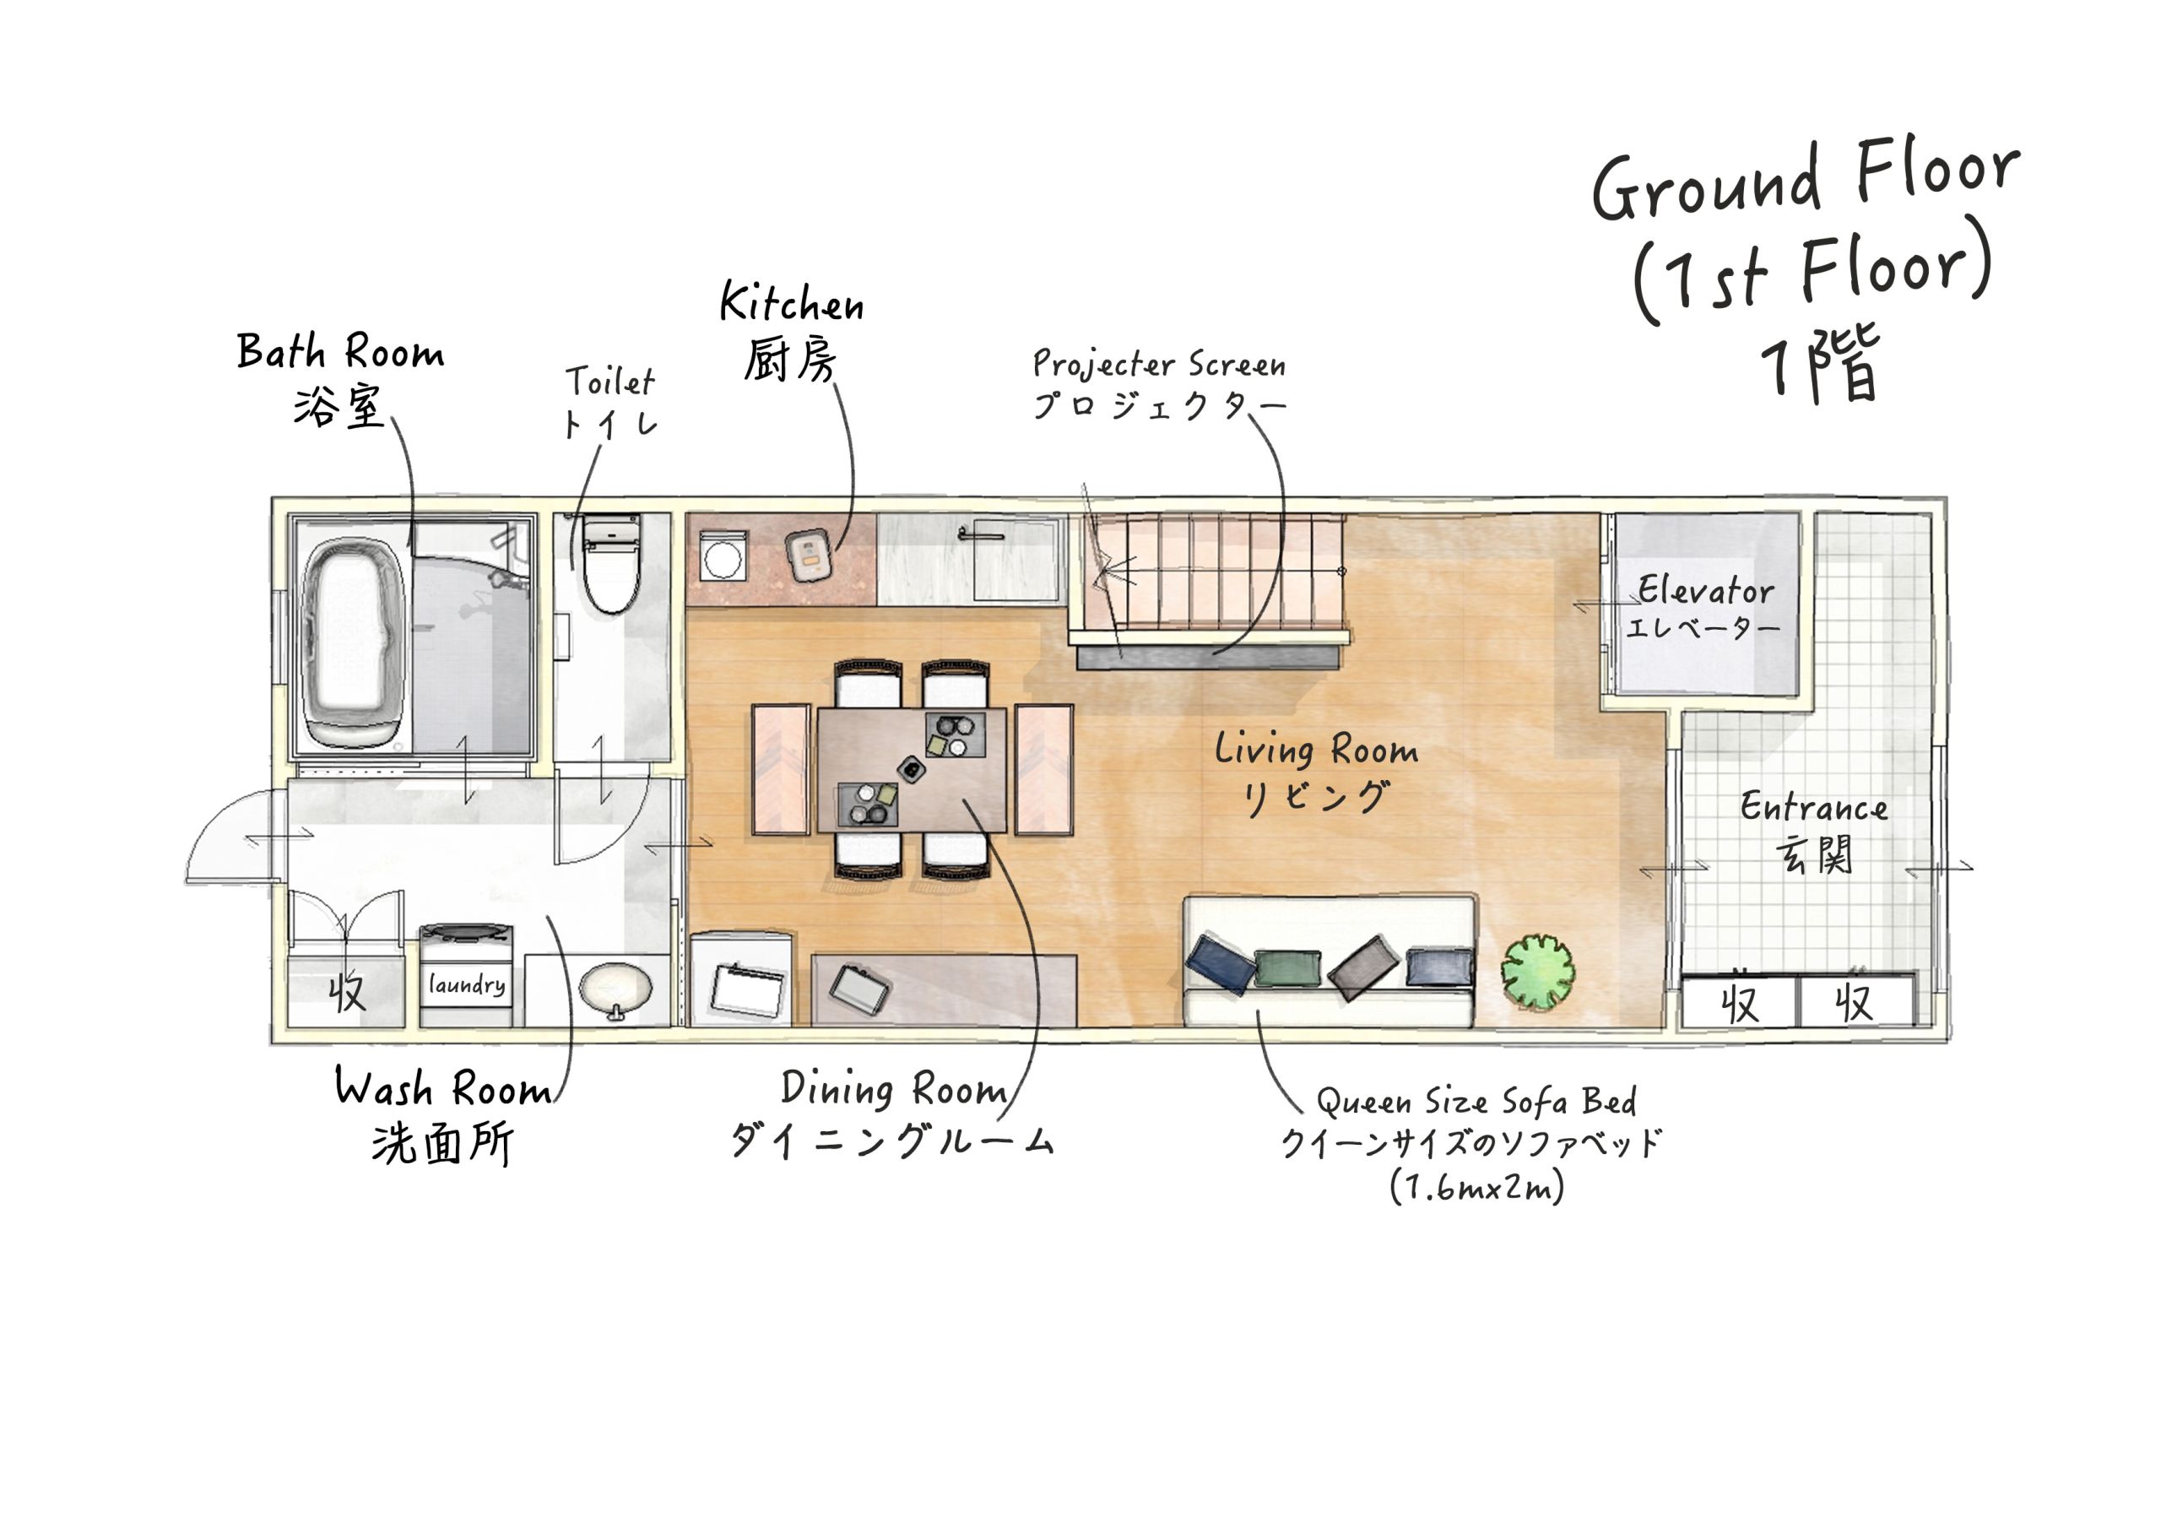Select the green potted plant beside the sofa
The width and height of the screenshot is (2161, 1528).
(x=1537, y=973)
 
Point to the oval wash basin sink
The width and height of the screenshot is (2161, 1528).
(x=615, y=989)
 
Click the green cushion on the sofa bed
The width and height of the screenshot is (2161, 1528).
(x=1287, y=967)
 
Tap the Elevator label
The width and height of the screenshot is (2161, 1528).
(x=1704, y=591)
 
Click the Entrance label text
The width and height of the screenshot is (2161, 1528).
(x=1812, y=808)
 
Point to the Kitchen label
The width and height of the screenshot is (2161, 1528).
(x=792, y=303)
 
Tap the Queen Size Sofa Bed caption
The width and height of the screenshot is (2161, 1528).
(x=1476, y=1101)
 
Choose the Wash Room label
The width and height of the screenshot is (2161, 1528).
(x=443, y=1088)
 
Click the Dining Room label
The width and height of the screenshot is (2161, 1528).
(x=894, y=1089)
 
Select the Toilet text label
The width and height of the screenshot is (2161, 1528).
(x=610, y=382)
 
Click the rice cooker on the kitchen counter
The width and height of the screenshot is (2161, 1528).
(x=809, y=555)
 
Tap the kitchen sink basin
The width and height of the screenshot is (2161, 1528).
(x=1015, y=558)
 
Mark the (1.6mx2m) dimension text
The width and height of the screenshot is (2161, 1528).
(x=1476, y=1186)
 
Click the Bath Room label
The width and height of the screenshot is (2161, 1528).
(x=340, y=352)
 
